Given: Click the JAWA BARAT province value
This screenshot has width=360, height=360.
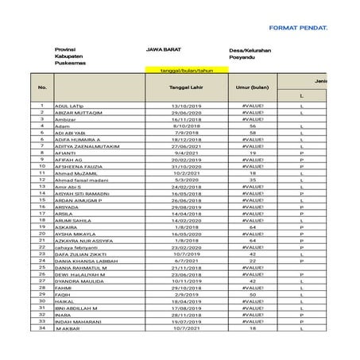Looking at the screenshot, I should (162, 49).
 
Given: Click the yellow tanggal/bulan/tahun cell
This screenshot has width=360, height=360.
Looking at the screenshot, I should (182, 72).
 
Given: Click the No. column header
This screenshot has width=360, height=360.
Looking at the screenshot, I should (42, 87).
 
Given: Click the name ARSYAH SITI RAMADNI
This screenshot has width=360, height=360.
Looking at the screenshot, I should (83, 193).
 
